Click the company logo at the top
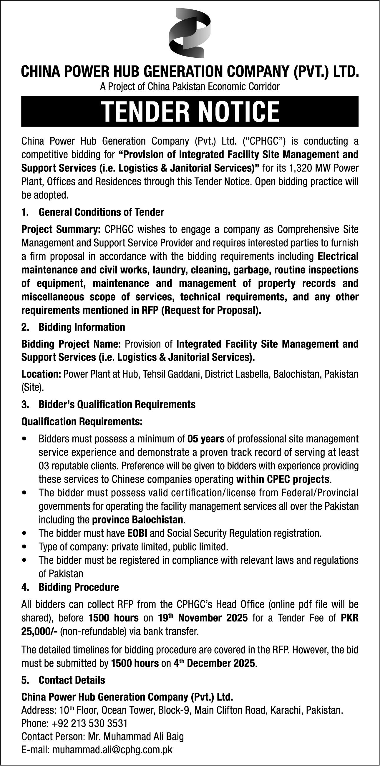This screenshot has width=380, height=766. pos(190,33)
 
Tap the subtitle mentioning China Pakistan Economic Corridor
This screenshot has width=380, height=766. pos(190,87)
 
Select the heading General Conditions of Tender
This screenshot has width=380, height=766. pos(101,212)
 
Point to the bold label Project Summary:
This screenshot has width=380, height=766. pos(61,229)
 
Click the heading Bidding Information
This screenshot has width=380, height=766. pos(82,327)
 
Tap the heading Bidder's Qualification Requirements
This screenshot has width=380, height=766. pos(117,404)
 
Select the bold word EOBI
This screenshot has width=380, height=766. pos(137,533)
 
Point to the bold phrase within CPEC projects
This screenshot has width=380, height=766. pos(283,479)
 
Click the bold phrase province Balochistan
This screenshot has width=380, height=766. pos(137,520)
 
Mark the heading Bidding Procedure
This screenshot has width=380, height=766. pos(79,587)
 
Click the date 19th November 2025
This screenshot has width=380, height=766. pos(203,618)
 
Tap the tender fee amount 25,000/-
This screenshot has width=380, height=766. pos(39,631)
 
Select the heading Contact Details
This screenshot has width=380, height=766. pos(72,680)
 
